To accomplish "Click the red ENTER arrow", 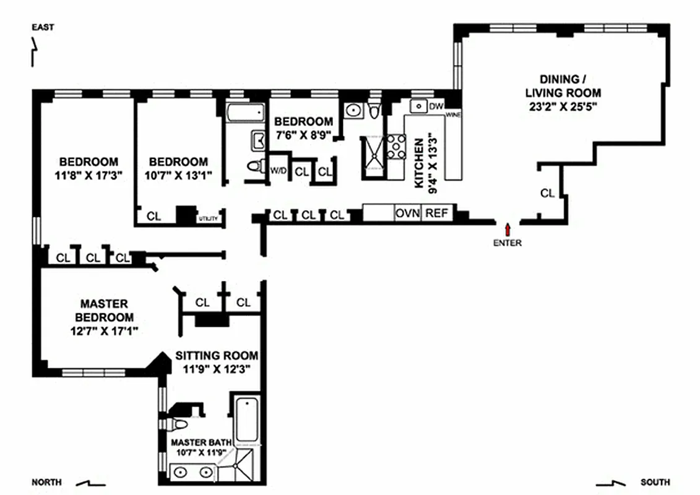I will coord(508,229).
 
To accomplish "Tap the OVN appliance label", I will coord(408,213).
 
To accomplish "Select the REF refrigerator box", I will coord(436,213).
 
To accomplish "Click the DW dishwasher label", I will coord(436,106).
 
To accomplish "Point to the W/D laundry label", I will coord(278,171).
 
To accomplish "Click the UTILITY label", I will coord(208,218).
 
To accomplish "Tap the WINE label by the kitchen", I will coord(452,114).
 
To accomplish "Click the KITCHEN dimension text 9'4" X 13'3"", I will coord(426,163).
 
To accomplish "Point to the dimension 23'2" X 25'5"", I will coord(563,106).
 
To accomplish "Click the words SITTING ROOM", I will coord(217,356).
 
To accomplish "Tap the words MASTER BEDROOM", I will coord(104,311).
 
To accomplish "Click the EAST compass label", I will coord(43,27).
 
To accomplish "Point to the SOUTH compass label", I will coord(655,482).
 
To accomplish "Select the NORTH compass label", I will coord(47,482).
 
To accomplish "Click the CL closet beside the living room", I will coord(547,193).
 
